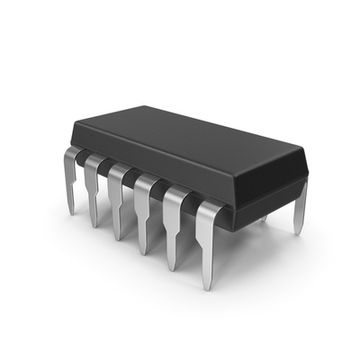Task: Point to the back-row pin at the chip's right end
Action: pos(301,207)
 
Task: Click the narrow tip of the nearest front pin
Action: pos(206,279)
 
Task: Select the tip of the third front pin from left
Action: pos(117,236)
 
